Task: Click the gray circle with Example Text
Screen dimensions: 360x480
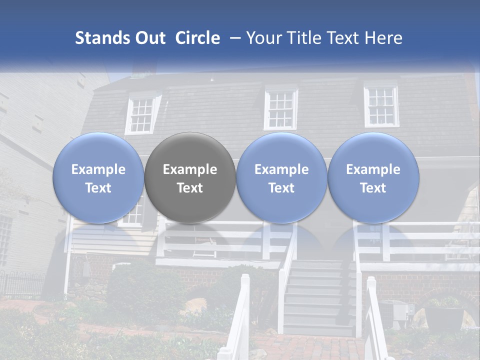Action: tap(190, 178)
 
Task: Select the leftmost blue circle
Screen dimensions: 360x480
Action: tap(98, 178)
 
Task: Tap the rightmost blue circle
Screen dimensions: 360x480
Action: tap(373, 178)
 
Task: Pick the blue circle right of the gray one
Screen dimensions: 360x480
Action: tap(281, 178)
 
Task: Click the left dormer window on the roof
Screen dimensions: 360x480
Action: tap(142, 114)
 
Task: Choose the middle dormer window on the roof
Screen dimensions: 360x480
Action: tap(280, 108)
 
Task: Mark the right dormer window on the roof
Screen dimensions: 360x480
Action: tap(381, 106)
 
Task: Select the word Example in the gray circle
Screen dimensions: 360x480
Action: tap(190, 169)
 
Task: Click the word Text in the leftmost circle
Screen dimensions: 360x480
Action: tap(98, 188)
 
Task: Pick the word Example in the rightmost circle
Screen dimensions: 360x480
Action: tap(373, 169)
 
